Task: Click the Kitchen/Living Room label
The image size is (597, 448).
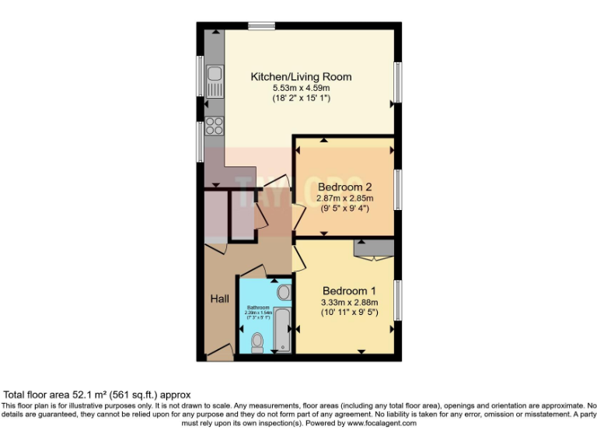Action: coord(301,76)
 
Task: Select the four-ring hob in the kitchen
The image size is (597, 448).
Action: coord(214,125)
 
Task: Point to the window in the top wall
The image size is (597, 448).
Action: coord(261,26)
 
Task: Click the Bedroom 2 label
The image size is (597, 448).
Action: coord(343,187)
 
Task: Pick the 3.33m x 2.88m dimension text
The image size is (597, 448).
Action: coord(349,303)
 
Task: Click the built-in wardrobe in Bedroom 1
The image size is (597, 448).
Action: coord(369,248)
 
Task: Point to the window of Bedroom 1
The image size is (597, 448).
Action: coord(399,299)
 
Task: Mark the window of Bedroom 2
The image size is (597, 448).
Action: coord(399,189)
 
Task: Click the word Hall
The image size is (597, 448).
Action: coord(219,299)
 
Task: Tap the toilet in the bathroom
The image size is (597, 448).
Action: coord(257,342)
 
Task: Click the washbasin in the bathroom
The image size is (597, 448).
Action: coord(285,292)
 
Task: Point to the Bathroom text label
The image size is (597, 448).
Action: coord(257,308)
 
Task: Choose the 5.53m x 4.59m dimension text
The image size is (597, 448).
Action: coord(301,88)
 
